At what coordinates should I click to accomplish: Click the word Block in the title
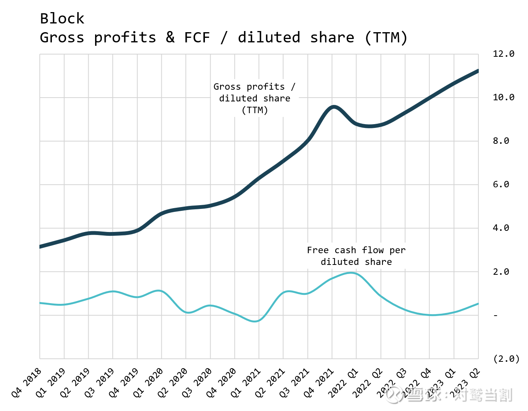tap(62, 19)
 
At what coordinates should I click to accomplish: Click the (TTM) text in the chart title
tap(386, 37)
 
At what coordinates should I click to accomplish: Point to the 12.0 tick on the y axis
tap(503, 54)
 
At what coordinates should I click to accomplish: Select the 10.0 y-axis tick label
tap(503, 97)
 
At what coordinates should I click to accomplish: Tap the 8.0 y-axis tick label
tap(500, 141)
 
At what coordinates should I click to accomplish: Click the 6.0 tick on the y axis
tap(500, 184)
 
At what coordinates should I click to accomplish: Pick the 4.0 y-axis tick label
tap(500, 228)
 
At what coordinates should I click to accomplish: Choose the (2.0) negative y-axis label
tap(506, 359)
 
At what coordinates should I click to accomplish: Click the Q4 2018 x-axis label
tap(27, 383)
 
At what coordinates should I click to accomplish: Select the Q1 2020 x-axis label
tap(148, 383)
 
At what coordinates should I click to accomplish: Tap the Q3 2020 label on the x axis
tap(197, 383)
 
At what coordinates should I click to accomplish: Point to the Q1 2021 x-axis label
tap(246, 383)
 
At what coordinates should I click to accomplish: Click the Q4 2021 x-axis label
tap(319, 383)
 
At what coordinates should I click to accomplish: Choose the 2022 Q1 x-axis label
tap(343, 383)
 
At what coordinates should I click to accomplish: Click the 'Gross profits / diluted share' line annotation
tap(255, 98)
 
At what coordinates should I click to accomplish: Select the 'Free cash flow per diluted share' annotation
tap(356, 256)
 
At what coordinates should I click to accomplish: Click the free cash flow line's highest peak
tap(352, 272)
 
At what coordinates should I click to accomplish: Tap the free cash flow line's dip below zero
tap(256, 321)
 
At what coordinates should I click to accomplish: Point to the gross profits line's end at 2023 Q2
tap(477, 71)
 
